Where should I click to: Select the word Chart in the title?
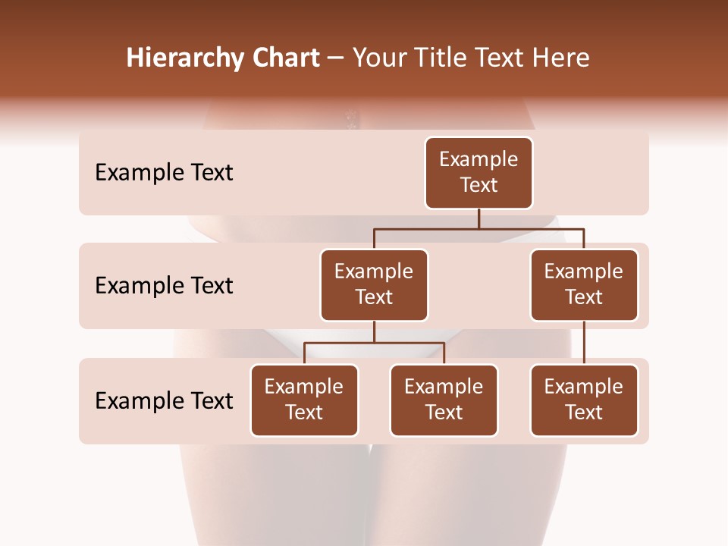283,58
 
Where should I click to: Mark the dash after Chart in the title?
336,59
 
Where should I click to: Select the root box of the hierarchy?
479,172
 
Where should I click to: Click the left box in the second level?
374,284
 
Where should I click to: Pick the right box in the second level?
584,284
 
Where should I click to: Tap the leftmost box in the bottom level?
304,400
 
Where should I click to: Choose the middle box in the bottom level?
444,400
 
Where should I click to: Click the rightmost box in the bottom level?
584,400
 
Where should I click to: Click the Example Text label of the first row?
164,173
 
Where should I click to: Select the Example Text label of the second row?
164,286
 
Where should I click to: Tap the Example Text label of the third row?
164,400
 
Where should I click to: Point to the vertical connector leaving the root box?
479,218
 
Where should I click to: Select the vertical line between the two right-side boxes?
584,343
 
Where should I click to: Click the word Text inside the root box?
479,185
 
